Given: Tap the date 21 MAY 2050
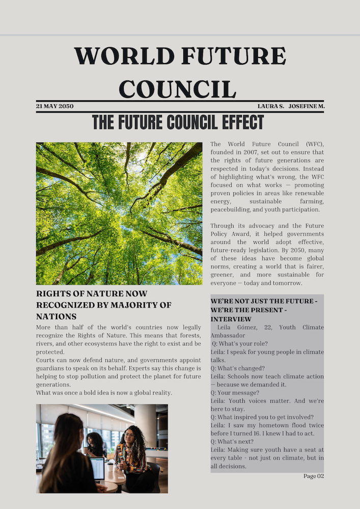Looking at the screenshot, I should click(54, 106).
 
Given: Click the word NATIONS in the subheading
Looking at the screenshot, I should click(56, 316).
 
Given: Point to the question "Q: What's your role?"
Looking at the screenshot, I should click(236, 344).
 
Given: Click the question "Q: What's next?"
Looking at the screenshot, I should click(232, 441).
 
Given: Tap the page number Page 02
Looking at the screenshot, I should click(314, 476).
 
